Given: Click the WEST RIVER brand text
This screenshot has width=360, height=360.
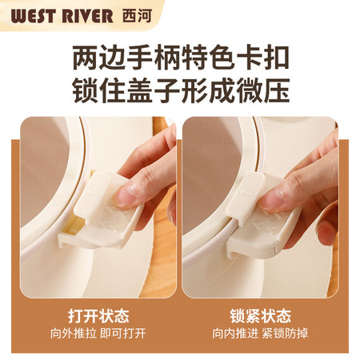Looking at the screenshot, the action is [x=62, y=16].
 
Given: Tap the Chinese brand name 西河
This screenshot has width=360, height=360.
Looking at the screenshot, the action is [x=137, y=16].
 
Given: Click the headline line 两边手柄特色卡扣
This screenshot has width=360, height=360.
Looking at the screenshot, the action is [x=181, y=58].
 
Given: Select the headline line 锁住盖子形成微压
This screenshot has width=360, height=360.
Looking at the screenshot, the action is [x=181, y=90].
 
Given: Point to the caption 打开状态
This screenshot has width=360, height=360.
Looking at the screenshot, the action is [x=98, y=316].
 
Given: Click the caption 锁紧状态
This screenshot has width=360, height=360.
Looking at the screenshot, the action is [x=261, y=316].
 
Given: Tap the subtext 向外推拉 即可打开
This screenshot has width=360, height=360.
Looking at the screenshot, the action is [x=98, y=334].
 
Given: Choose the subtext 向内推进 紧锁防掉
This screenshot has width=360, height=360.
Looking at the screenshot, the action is [x=260, y=334].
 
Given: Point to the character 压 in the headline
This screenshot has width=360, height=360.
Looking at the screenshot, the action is [x=277, y=90].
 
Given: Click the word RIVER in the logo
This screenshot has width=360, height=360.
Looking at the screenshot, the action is [x=87, y=16].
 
